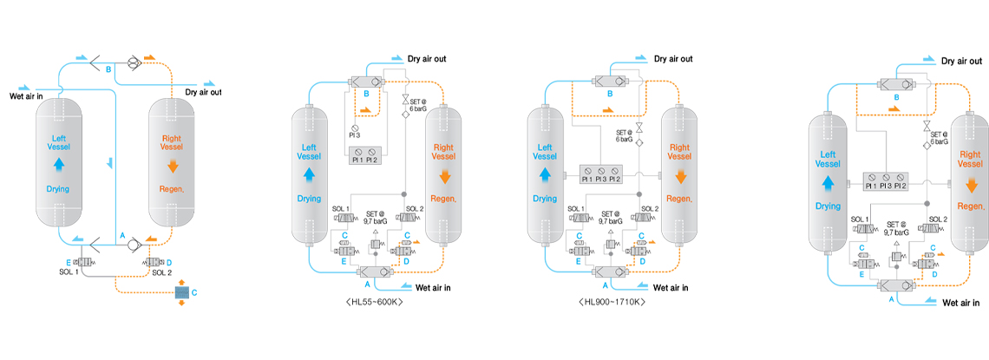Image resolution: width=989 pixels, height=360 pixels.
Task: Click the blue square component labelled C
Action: (181, 293)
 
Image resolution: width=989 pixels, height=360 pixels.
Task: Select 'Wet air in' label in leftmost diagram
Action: (27, 95)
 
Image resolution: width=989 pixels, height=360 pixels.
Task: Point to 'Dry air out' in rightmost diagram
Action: (960, 62)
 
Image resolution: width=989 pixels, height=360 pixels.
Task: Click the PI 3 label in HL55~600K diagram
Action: (355, 134)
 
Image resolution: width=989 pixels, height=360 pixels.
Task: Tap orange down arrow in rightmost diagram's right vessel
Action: (968, 184)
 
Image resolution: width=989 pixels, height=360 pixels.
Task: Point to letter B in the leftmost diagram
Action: (108, 69)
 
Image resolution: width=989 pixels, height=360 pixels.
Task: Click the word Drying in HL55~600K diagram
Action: (309, 199)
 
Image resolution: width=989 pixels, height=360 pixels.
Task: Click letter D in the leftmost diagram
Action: (167, 261)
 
